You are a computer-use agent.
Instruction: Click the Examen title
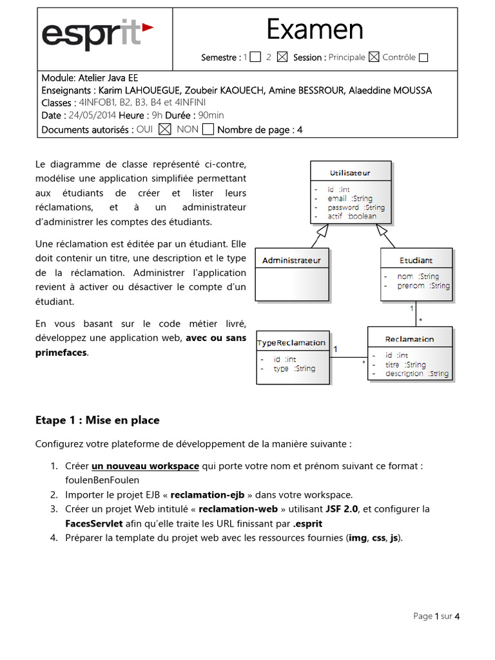(315, 29)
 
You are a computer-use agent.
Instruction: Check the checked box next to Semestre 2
(282, 57)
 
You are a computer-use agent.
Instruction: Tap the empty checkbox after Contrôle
(423, 57)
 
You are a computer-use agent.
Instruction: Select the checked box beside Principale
(374, 57)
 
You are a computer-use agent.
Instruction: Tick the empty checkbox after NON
(208, 130)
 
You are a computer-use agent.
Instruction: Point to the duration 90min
(211, 115)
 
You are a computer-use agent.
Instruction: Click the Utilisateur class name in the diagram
(350, 173)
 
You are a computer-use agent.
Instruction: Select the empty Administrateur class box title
(291, 260)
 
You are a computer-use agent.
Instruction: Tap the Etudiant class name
(416, 260)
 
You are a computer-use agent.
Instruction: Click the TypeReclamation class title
(291, 342)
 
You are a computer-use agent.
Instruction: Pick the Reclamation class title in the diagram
(409, 339)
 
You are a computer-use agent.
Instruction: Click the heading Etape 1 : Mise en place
(97, 420)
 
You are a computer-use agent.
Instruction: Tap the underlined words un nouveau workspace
(145, 466)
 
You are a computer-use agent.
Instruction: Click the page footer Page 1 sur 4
(436, 616)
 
